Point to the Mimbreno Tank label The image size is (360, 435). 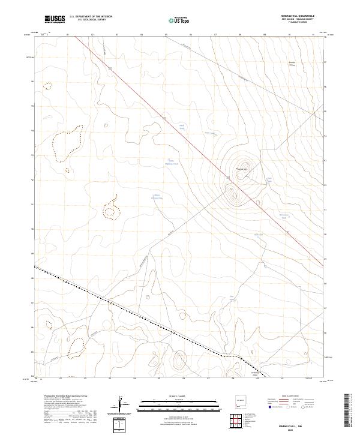coord(284,216)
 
